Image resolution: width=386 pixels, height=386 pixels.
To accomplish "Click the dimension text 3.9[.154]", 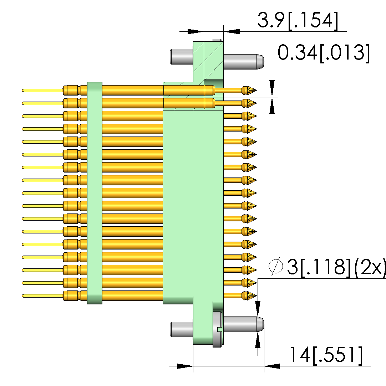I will click(297, 21).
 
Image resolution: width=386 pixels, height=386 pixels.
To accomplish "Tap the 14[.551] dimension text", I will click(325, 355).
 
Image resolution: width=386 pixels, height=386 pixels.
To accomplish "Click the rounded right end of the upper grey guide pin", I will click(260, 61).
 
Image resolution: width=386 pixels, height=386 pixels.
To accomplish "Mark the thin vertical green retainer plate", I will click(95, 193).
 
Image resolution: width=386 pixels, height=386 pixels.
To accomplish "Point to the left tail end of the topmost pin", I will click(24, 90).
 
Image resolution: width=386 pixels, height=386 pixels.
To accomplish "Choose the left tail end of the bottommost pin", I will click(24, 295).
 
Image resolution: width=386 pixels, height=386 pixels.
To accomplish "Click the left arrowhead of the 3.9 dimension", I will click(195, 31).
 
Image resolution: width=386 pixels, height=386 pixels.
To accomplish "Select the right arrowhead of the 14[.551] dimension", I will click(272, 366).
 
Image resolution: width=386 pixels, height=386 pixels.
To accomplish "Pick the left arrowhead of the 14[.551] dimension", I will click(185, 366).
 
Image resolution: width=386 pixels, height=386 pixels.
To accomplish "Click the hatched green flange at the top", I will click(208, 61).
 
